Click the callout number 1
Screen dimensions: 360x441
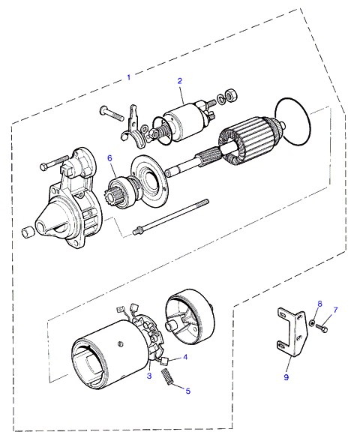coord(129,77)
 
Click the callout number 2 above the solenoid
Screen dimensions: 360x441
coord(180,81)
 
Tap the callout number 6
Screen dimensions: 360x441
coord(109,158)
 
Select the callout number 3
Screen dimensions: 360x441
coord(149,376)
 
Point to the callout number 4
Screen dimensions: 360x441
coord(185,357)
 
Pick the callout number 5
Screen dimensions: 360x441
coord(187,391)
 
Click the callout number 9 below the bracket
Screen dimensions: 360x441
coord(286,377)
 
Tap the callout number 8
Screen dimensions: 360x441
coord(319,304)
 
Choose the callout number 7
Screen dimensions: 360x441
coord(335,310)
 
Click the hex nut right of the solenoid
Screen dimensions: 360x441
coord(232,96)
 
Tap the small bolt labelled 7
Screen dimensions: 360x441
coord(322,327)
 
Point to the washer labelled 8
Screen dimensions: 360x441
coord(312,323)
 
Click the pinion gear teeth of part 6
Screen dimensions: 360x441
coord(109,196)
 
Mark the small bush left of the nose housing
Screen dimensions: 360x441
coord(28,232)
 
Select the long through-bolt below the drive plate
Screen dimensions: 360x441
coord(171,216)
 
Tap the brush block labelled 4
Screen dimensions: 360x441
coord(164,361)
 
